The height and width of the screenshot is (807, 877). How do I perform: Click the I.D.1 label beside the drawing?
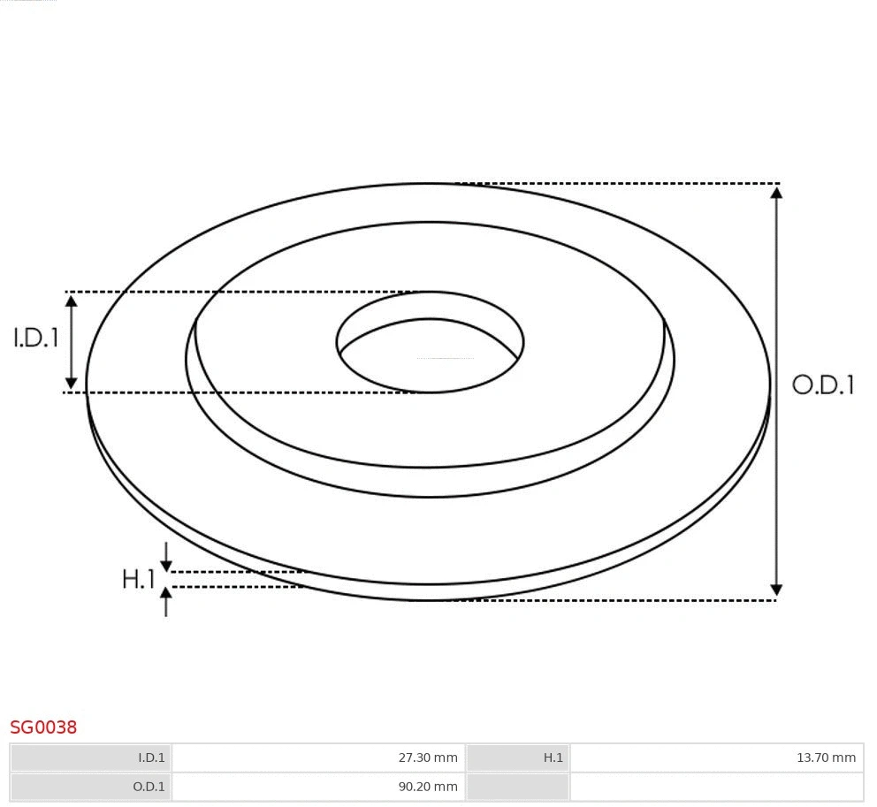pos(35,338)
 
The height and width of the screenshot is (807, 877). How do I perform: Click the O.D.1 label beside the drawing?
pos(822,384)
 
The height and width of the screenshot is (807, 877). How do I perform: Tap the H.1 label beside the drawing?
pos(138,579)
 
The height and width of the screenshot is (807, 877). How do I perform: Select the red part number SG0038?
pos(43,727)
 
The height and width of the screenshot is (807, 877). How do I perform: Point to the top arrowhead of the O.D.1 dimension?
pos(776,192)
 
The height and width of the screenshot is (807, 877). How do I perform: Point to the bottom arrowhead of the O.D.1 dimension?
pos(776,590)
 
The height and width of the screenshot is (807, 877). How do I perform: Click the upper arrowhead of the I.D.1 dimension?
pos(72,301)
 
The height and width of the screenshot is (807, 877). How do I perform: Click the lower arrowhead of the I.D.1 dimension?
pos(72,383)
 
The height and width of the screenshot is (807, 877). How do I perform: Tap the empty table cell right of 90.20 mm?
pos(716,787)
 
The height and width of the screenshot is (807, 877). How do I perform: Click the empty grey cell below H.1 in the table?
pos(517,787)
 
